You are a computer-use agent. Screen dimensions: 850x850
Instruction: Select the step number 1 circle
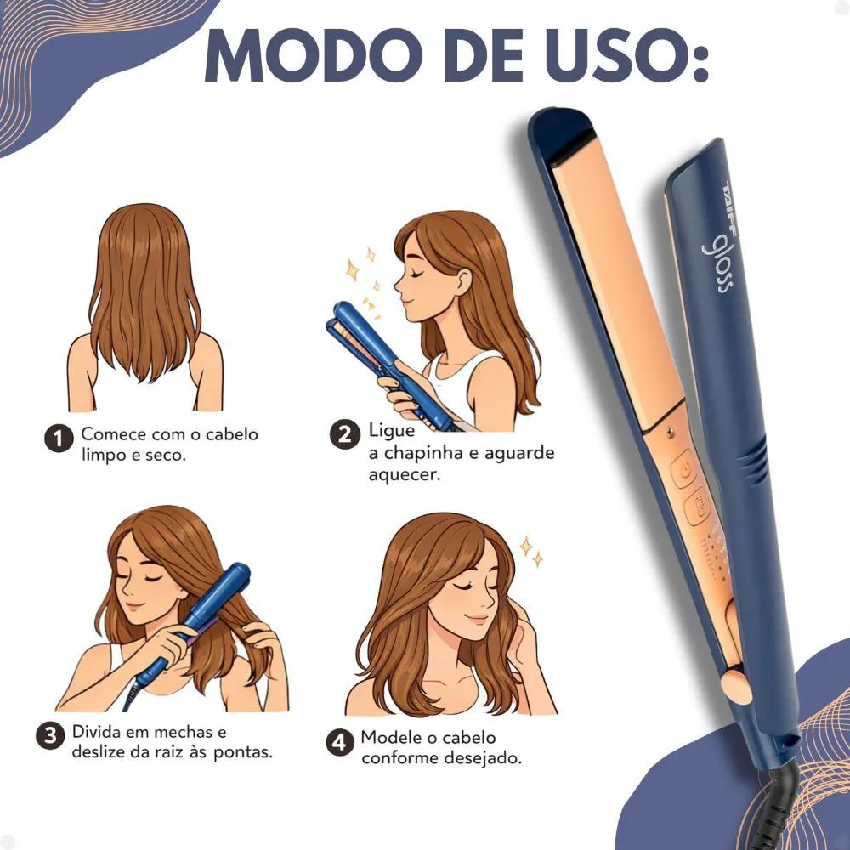tap(59, 439)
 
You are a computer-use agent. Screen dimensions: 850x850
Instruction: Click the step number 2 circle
tap(345, 434)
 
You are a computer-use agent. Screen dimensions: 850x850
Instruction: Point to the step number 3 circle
tap(50, 735)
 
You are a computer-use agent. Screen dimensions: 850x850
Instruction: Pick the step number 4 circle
tap(340, 741)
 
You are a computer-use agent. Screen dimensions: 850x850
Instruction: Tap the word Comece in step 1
tap(114, 434)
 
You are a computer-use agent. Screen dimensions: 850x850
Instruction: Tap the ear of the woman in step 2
tap(464, 280)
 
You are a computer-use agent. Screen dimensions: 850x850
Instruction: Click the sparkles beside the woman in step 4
tap(531, 551)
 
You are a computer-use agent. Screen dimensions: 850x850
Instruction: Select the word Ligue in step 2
tap(391, 430)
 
